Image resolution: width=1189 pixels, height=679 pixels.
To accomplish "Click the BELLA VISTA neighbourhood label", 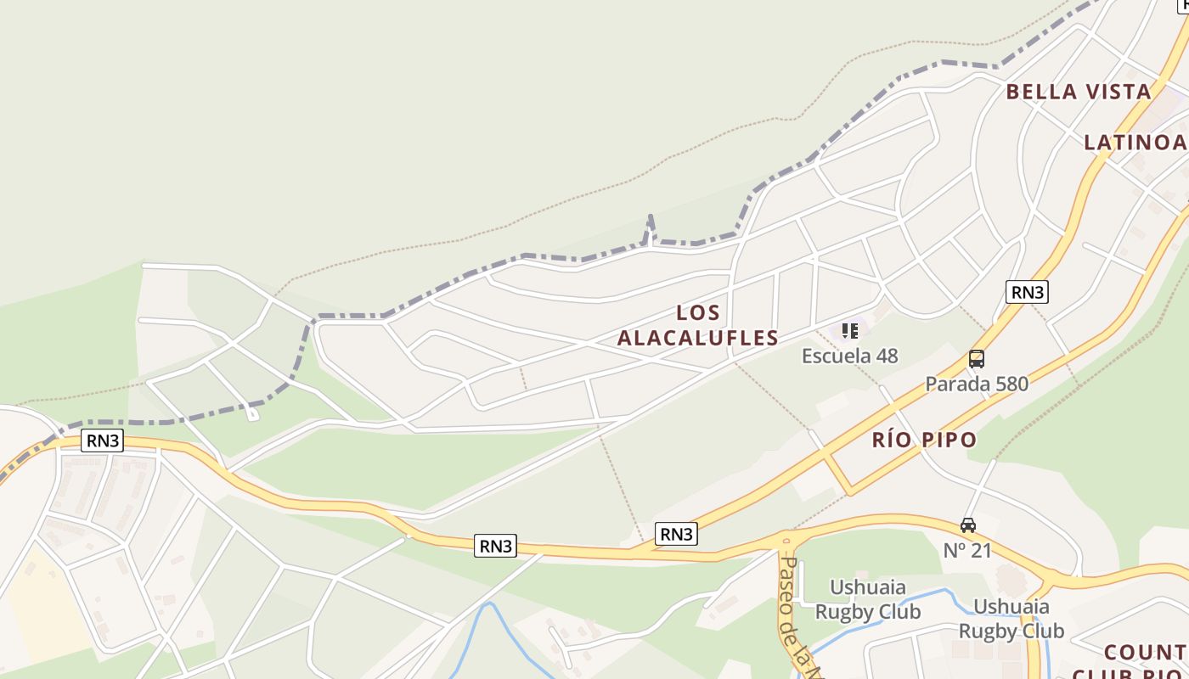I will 1078,92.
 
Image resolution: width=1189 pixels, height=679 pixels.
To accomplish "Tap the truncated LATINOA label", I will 1135,142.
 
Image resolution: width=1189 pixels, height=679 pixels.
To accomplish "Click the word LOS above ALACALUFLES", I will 698,312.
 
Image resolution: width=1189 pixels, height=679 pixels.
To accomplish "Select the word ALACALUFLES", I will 697,338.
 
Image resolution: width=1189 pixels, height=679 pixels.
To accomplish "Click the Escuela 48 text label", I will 849,356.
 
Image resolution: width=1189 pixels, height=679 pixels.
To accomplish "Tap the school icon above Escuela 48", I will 849,331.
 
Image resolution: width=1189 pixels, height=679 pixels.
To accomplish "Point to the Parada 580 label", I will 976,384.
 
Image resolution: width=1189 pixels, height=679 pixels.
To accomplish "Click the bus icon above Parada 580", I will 977,359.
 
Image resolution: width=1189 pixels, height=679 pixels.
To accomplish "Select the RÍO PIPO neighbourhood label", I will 924,440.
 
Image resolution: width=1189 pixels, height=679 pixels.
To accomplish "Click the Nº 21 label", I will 967,550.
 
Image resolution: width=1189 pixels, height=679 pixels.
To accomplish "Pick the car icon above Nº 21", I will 967,525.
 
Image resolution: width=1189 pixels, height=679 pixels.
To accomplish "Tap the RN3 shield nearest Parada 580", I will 1026,292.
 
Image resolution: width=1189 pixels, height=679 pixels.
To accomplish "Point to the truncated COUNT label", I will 1145,652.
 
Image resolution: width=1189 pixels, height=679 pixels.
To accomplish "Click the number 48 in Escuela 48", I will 887,356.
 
